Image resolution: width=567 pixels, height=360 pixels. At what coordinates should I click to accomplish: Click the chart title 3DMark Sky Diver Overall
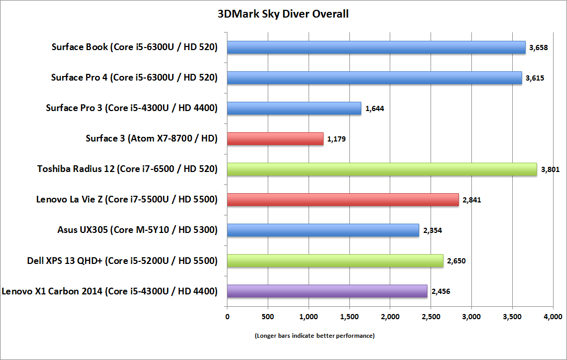[x=283, y=14]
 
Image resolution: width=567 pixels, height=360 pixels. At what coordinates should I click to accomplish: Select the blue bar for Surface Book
[x=376, y=48]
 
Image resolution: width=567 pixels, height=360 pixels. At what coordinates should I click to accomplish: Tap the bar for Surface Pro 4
[x=374, y=78]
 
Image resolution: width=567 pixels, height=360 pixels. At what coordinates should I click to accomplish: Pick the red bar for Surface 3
[x=275, y=138]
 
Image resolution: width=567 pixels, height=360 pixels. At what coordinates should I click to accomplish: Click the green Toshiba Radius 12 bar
[x=382, y=169]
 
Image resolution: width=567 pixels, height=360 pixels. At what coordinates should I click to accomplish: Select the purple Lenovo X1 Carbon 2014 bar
[x=327, y=291]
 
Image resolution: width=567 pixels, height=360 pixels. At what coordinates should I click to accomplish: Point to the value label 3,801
[x=550, y=169]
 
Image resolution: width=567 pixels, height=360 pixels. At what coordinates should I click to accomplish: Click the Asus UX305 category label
[x=138, y=230]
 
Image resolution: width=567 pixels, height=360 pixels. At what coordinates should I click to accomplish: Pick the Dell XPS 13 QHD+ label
[x=122, y=260]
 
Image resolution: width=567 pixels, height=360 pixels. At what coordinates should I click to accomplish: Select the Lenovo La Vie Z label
[x=127, y=199]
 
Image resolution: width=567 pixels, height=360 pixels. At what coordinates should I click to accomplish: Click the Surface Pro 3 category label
[x=132, y=108]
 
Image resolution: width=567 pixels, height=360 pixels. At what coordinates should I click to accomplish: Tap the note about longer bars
[x=315, y=336]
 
